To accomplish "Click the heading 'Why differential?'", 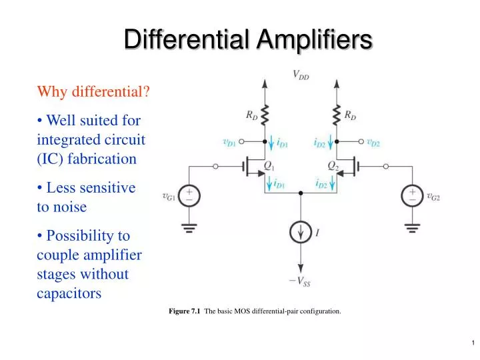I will [93, 91].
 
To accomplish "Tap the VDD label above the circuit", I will [301, 76].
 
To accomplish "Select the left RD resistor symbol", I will [265, 115].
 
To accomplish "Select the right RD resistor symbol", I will [337, 115].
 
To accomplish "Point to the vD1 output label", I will [229, 141].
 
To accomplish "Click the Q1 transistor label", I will [269, 165].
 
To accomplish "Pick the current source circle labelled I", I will [301, 233].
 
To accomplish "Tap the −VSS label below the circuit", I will [299, 281].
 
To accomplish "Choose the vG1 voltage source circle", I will [189, 195].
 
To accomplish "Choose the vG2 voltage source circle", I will [412, 195].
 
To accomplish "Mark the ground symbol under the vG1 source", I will [189, 227].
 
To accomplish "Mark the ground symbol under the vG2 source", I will [412, 227].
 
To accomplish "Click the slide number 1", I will [472, 343].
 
